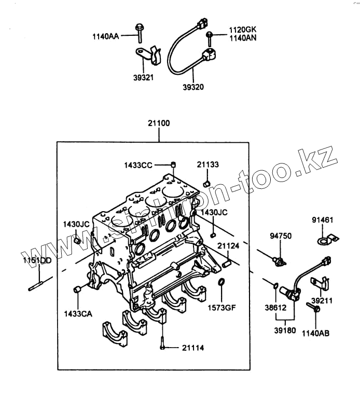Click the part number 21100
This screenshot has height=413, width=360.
pyautogui.click(x=159, y=124)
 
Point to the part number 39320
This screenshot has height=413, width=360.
pyautogui.click(x=193, y=87)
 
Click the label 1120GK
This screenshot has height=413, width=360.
pyautogui.click(x=242, y=30)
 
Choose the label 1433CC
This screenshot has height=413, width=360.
pyautogui.click(x=138, y=165)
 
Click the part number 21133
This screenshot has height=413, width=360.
pyautogui.click(x=207, y=164)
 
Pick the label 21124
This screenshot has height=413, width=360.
pyautogui.click(x=228, y=246)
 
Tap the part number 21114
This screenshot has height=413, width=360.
pyautogui.click(x=192, y=347)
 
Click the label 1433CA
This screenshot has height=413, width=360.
pyautogui.click(x=78, y=313)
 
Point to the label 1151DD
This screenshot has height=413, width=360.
pyautogui.click(x=37, y=260)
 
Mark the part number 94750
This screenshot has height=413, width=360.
pyautogui.click(x=281, y=236)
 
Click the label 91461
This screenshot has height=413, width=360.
pyautogui.click(x=322, y=220)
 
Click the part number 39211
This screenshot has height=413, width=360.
pyautogui.click(x=322, y=300)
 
